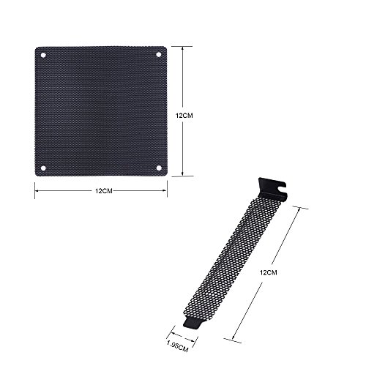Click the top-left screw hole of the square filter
coord(43,56)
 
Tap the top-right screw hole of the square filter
coord(158,56)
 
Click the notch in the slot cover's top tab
coord(281,192)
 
